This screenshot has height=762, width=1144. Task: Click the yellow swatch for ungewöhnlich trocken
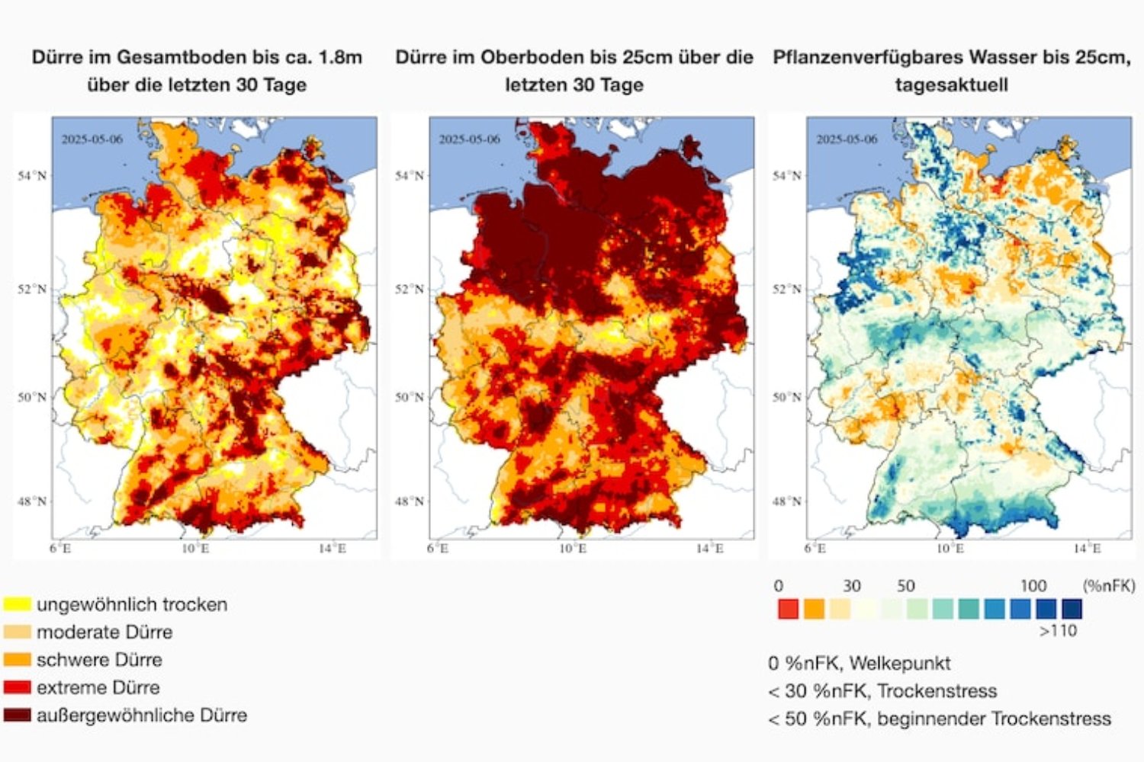click(x=17, y=604)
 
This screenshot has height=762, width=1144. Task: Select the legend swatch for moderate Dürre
click(x=17, y=632)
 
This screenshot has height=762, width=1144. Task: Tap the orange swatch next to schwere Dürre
click(x=17, y=659)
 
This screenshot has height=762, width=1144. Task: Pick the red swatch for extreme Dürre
click(x=17, y=687)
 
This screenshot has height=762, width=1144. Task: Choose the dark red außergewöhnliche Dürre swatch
click(x=17, y=715)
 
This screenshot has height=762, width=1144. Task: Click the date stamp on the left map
click(x=92, y=139)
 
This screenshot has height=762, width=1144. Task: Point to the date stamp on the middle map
click(x=469, y=139)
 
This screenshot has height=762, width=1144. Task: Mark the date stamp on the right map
click(x=847, y=139)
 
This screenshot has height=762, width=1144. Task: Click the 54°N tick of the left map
click(x=32, y=176)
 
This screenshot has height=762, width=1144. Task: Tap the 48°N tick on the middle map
click(x=410, y=501)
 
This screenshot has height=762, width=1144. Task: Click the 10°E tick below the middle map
click(x=573, y=549)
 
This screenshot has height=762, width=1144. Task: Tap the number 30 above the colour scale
click(x=852, y=586)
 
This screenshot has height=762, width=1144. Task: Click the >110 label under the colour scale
click(x=1058, y=631)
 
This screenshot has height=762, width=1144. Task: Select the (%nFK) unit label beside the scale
click(x=1109, y=586)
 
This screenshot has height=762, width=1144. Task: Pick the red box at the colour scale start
click(x=788, y=609)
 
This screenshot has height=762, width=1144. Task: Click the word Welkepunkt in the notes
click(x=899, y=663)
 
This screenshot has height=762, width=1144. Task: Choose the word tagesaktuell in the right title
click(x=951, y=85)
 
